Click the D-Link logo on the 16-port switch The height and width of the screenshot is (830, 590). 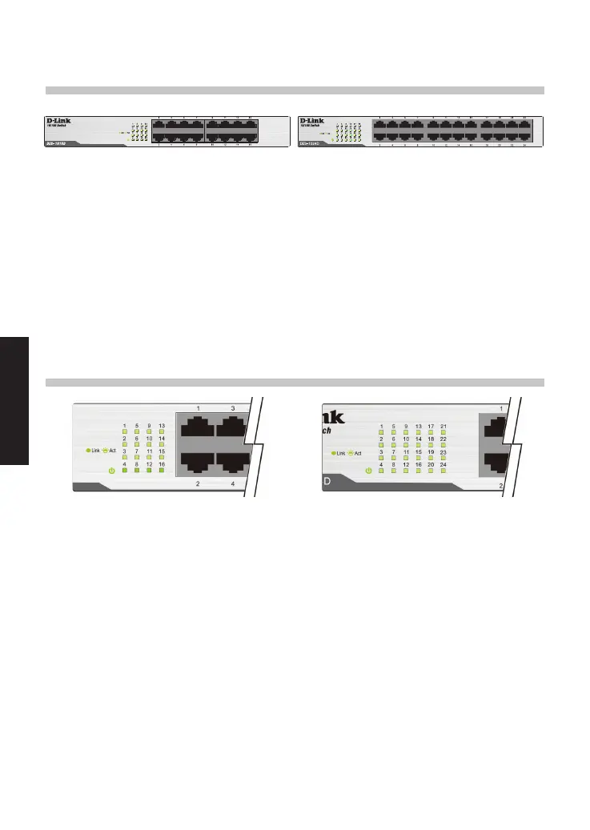[x=58, y=121]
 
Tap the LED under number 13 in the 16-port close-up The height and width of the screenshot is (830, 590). [x=162, y=433]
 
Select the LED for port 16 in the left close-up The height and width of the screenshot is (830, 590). [x=162, y=471]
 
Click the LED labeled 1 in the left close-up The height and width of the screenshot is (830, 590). [x=124, y=433]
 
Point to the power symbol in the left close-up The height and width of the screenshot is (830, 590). [x=111, y=471]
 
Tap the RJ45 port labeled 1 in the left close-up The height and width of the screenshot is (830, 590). [x=199, y=426]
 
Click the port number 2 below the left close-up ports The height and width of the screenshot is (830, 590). [x=198, y=484]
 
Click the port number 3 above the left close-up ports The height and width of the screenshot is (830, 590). [x=233, y=408]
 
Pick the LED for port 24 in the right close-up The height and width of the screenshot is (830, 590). [x=444, y=471]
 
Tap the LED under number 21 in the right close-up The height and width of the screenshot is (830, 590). [x=444, y=433]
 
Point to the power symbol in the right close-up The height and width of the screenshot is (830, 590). [x=368, y=471]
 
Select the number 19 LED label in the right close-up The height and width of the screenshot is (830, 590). [x=431, y=452]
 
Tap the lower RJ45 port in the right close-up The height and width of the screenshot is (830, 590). [x=492, y=464]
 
